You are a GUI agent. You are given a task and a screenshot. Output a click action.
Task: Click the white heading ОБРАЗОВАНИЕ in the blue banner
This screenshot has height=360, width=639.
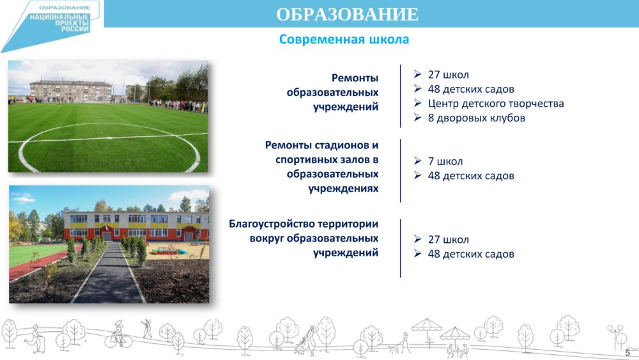point(347,14)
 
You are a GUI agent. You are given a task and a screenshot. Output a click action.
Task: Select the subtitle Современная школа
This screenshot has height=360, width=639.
point(344,40)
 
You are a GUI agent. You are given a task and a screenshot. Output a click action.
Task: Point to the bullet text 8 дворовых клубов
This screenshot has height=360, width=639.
point(477,118)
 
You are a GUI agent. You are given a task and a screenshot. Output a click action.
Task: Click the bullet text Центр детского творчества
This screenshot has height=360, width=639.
point(496,104)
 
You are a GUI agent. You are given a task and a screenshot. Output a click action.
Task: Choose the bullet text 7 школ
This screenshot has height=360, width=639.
point(445,161)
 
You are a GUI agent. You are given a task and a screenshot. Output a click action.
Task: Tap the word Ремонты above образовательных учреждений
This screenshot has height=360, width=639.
point(355,78)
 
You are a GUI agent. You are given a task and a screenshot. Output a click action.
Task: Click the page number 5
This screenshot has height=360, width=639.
point(627,352)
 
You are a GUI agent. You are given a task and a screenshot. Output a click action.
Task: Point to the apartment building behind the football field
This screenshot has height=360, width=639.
point(71,90)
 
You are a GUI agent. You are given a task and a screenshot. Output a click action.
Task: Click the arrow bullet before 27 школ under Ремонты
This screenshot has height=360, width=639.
point(418,74)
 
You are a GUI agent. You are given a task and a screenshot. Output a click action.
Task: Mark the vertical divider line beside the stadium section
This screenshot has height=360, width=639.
point(401,171)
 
